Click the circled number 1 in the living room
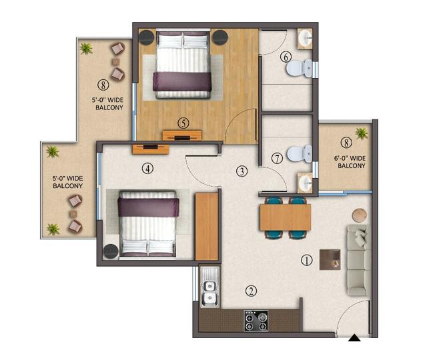pyautogui.click(x=306, y=261)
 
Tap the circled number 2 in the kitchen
pyautogui.click(x=251, y=291)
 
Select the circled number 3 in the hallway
pyautogui.click(x=242, y=171)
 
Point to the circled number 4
pyautogui.click(x=147, y=169)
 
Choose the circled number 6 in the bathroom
pyautogui.click(x=286, y=57)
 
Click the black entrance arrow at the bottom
pyautogui.click(x=355, y=339)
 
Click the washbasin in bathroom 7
pyautogui.click(x=306, y=181)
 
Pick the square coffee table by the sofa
pyautogui.click(x=330, y=259)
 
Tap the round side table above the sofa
pyautogui.click(x=360, y=215)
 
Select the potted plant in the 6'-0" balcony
pyautogui.click(x=362, y=133)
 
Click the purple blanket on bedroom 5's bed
pyautogui.click(x=182, y=81)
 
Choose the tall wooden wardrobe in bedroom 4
pyautogui.click(x=207, y=226)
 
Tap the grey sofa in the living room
pyautogui.click(x=357, y=260)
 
